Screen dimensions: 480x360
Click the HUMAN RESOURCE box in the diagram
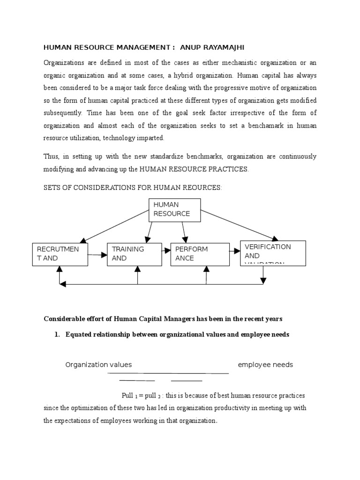click(x=174, y=210)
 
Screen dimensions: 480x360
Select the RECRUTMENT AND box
click(x=60, y=254)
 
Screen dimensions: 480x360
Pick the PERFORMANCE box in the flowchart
click(x=199, y=254)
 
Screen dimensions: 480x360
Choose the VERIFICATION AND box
click(x=272, y=253)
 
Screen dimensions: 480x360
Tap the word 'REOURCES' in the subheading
click(x=202, y=188)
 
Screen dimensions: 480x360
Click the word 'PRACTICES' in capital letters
click(x=225, y=169)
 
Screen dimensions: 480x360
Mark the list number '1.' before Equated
click(x=59, y=335)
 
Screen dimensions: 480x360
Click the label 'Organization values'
click(x=98, y=365)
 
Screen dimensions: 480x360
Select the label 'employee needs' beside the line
click(x=265, y=365)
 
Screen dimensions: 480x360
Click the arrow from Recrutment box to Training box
click(x=97, y=255)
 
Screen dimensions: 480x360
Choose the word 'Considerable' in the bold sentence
click(x=63, y=319)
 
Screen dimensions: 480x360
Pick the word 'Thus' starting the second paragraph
click(x=51, y=157)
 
